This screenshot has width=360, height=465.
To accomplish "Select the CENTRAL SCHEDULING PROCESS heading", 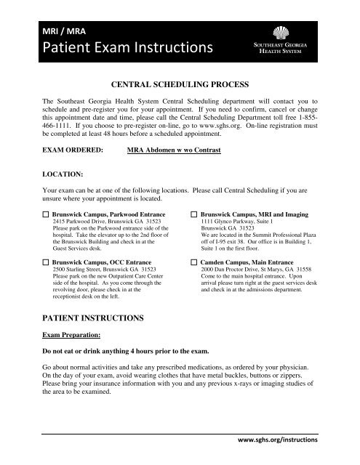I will [180, 84].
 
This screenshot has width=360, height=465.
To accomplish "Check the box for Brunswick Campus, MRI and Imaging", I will [194, 216].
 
